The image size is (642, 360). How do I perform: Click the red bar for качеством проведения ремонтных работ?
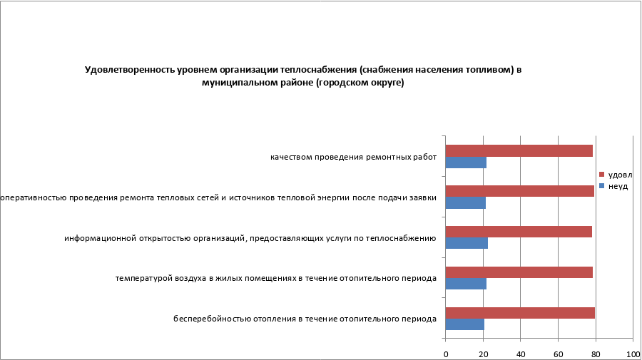coord(519,150)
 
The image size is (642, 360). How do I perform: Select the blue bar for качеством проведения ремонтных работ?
coord(466,163)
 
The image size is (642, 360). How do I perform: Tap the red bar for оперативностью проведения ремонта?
coord(519,191)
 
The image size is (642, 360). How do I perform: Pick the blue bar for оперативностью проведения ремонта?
coord(465,203)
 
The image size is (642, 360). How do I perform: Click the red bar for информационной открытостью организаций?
coord(519,232)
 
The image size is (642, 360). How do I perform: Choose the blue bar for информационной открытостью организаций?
coord(467,244)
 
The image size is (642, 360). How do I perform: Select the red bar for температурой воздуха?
coord(519,272)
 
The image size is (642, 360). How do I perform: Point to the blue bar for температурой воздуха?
coord(466,284)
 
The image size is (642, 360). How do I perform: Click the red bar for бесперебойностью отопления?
coord(520,313)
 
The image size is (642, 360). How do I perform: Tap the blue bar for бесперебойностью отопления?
coord(464,325)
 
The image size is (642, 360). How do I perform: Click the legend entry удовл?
coord(619,175)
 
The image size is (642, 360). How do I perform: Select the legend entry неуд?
coord(617,186)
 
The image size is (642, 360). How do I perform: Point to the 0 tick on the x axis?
coord(446,354)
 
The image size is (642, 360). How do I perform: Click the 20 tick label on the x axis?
coord(484,354)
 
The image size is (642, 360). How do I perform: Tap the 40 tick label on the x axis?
coord(521,354)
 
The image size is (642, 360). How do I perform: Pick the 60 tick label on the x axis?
coord(559,354)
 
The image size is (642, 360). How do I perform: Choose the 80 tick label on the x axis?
coord(596,354)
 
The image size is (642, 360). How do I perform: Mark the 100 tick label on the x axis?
coord(632,354)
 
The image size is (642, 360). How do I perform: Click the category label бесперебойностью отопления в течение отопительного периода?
coord(305,318)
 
